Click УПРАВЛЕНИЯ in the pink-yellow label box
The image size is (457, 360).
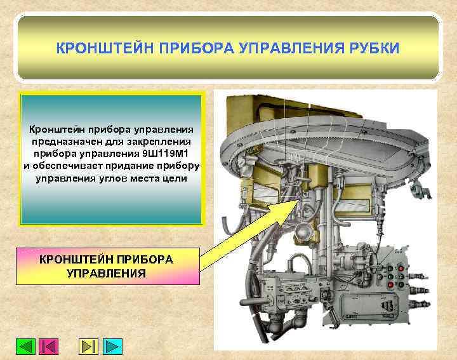[x=106, y=274]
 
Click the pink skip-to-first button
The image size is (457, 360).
[x=49, y=347]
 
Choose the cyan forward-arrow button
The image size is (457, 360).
[x=112, y=347]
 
